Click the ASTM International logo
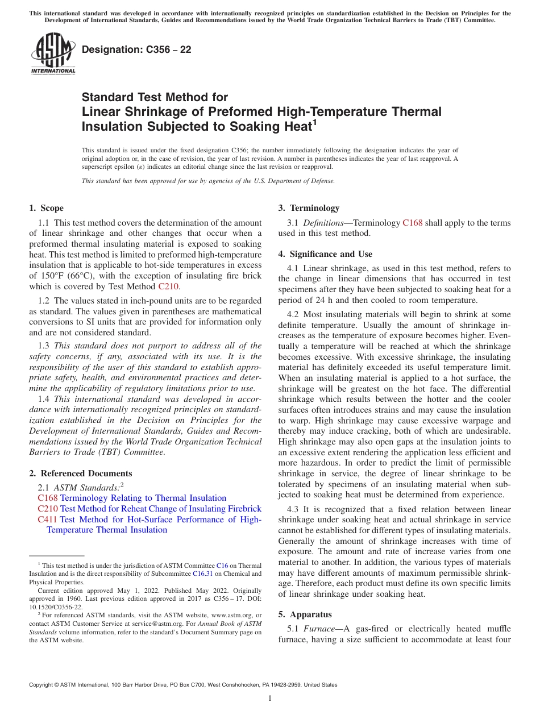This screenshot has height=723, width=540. (53, 54)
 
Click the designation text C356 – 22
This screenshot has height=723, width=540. (136, 50)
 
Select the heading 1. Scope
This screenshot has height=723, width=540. (47, 208)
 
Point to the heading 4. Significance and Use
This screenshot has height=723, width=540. (325, 254)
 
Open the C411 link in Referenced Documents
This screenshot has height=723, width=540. (48, 520)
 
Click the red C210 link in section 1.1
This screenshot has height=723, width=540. (168, 286)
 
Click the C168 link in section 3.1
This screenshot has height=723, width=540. (412, 223)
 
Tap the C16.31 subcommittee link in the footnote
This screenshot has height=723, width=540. (202, 574)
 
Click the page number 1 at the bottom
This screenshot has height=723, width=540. (270, 698)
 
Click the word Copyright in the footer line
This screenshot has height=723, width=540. (41, 685)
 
